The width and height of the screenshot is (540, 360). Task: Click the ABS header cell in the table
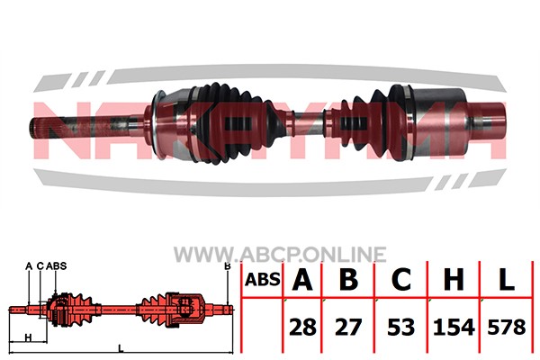[263, 279]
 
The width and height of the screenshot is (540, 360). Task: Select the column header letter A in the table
[302, 279]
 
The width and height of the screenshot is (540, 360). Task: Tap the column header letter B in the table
[348, 279]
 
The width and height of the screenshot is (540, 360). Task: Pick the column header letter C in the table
[401, 279]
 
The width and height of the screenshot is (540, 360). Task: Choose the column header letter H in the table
[454, 279]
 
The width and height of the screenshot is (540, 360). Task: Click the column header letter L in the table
[506, 279]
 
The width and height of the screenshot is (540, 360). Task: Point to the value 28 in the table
[302, 327]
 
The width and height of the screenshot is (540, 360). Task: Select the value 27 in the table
[348, 327]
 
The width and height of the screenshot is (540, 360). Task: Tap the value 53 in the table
[400, 327]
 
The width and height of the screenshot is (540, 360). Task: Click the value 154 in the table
[454, 327]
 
